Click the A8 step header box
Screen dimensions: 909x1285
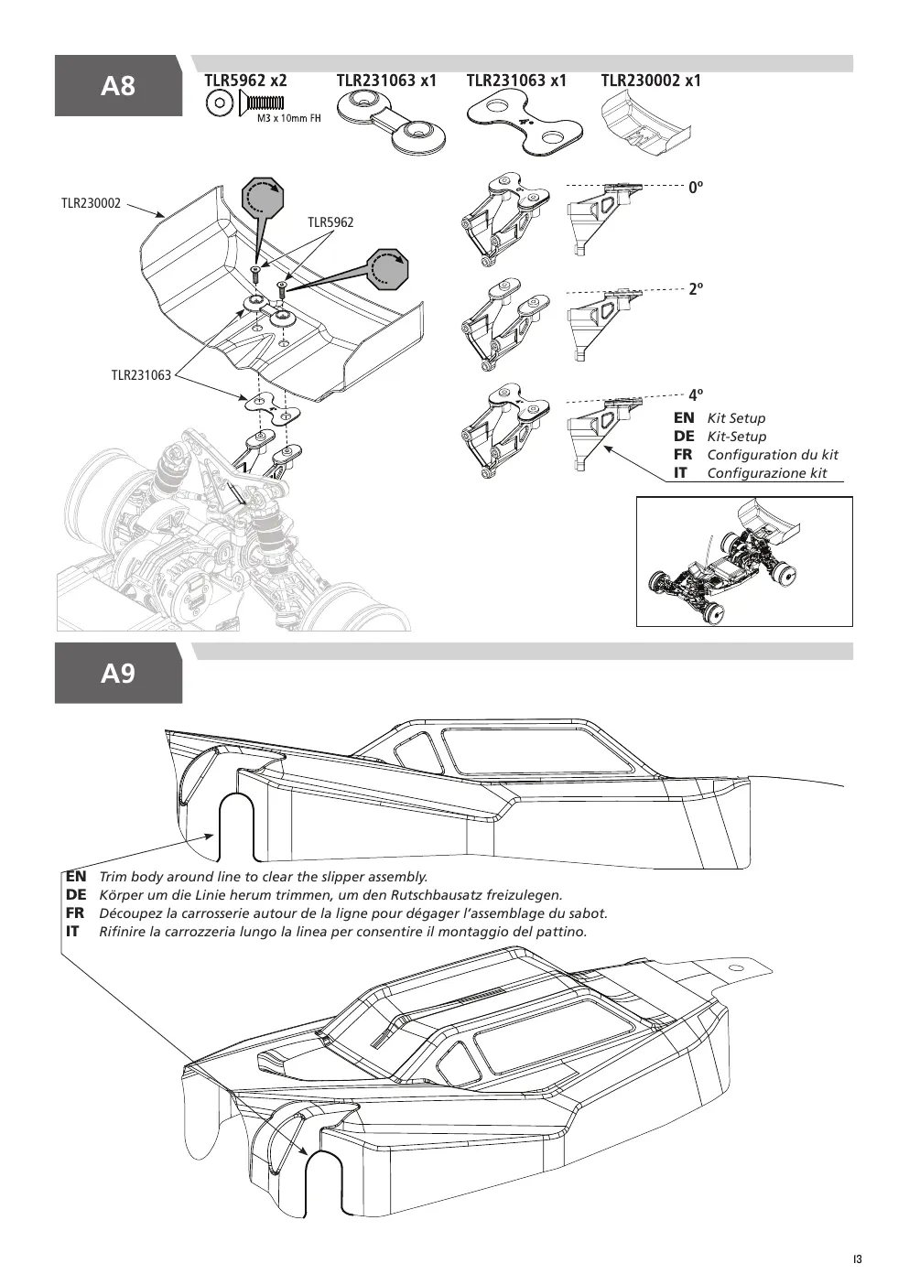click(118, 85)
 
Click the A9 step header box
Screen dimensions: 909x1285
click(118, 673)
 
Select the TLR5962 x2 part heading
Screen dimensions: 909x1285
click(245, 81)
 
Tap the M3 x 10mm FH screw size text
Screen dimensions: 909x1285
click(289, 119)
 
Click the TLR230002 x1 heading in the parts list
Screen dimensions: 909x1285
click(651, 81)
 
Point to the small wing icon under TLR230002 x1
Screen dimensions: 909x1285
click(646, 125)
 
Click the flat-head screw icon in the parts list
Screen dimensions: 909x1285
click(261, 103)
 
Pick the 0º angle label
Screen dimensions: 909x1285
click(696, 187)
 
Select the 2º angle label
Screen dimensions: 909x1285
click(696, 288)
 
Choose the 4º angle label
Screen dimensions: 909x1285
click(696, 394)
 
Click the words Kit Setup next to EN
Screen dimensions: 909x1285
click(736, 418)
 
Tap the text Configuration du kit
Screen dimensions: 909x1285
click(773, 455)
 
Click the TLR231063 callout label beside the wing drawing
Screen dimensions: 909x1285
click(141, 375)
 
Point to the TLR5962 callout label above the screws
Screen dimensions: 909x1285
click(330, 222)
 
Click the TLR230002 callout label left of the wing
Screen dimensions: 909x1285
click(92, 203)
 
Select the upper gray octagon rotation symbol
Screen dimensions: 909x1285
click(263, 199)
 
